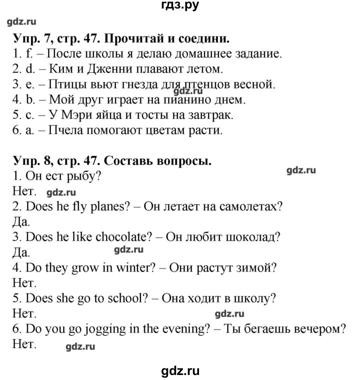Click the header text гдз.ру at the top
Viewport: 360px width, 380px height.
pos(179,7)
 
